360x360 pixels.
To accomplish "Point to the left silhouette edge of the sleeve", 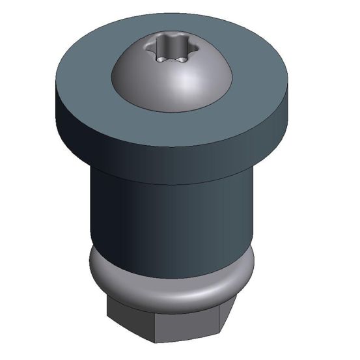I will [89, 208].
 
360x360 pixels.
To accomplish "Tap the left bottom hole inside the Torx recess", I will [159, 59].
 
